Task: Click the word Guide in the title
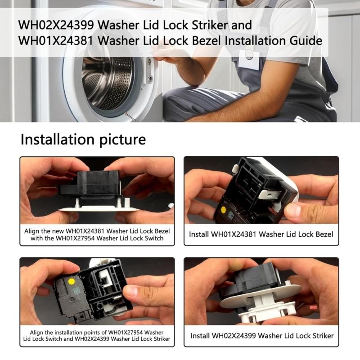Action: pyautogui.click(x=306, y=40)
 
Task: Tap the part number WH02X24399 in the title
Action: pyautogui.click(x=56, y=25)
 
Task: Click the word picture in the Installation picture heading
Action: pyautogui.click(x=122, y=140)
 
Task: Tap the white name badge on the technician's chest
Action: pyautogui.click(x=249, y=59)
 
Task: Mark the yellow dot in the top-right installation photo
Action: pyautogui.click(x=223, y=210)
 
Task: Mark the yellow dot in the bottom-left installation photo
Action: pyautogui.click(x=72, y=282)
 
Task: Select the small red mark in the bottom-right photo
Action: pyautogui.click(x=313, y=307)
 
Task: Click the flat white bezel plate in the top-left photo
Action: pyautogui.click(x=99, y=209)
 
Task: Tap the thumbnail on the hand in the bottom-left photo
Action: pyautogui.click(x=132, y=290)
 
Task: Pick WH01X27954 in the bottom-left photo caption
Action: pyautogui.click(x=126, y=333)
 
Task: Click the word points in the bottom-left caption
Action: pyautogui.click(x=95, y=333)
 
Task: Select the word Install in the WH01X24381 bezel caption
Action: pyautogui.click(x=198, y=234)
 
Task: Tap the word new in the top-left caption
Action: pyautogui.click(x=58, y=231)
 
